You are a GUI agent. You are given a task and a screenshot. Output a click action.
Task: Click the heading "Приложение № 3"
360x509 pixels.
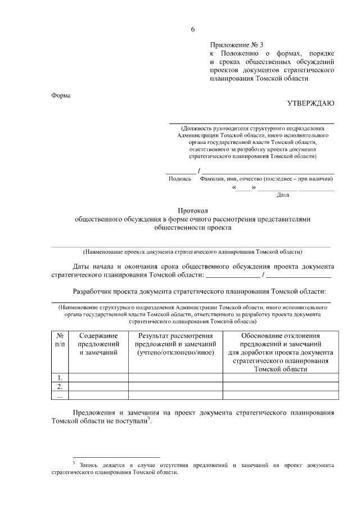[x=236, y=44]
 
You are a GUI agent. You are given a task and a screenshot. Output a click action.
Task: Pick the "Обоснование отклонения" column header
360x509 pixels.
[x=280, y=336]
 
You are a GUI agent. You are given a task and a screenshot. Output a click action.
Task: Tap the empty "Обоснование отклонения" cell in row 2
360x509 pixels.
[x=280, y=386]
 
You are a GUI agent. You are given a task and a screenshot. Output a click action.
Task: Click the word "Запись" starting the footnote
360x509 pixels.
[x=90, y=465]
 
